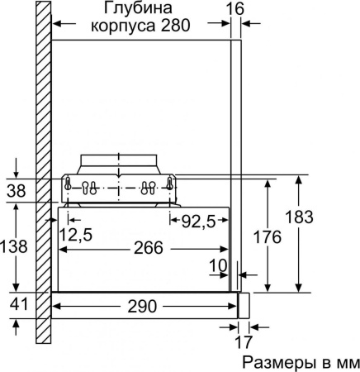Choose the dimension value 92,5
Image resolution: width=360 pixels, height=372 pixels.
click(x=199, y=221)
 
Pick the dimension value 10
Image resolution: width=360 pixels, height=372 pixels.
click(x=217, y=265)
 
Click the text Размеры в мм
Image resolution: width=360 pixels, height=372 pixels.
click(x=300, y=362)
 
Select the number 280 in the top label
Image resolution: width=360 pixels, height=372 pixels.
click(x=175, y=26)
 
